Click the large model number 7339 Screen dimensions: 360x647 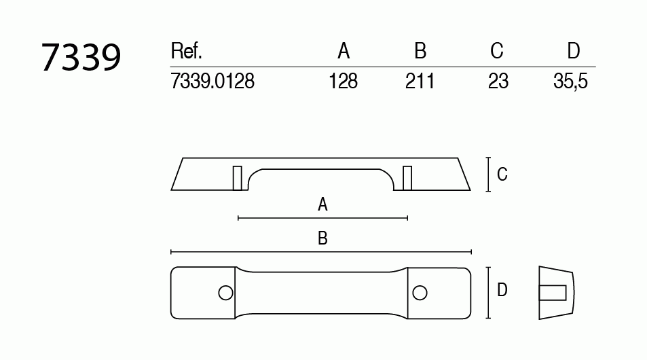[x=81, y=57]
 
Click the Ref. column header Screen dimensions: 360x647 [x=187, y=52]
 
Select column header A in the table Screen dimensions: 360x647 [x=344, y=52]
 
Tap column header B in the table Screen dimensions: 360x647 [x=420, y=52]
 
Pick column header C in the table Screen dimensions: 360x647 [x=497, y=52]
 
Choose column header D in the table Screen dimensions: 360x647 [x=574, y=52]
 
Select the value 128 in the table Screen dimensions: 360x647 [x=343, y=82]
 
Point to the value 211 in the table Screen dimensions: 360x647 [x=420, y=82]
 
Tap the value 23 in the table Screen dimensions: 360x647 [x=498, y=82]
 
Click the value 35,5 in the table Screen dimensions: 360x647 [x=570, y=82]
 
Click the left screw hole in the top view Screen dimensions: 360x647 [x=225, y=292]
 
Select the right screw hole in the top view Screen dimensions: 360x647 [x=420, y=292]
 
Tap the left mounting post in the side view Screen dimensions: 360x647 [x=238, y=177]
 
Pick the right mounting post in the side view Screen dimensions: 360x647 [x=407, y=177]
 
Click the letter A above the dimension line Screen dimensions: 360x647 [x=323, y=204]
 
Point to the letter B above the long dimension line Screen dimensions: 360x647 [x=323, y=238]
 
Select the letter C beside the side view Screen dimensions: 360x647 [x=502, y=175]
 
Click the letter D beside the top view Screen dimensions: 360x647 [x=502, y=291]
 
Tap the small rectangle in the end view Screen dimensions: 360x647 [x=553, y=292]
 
